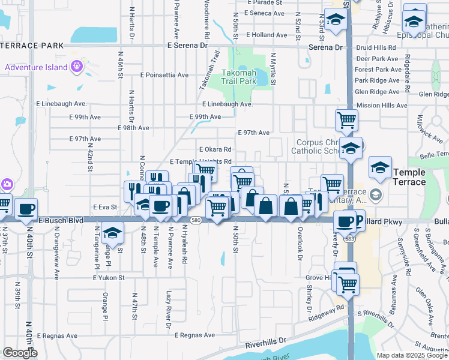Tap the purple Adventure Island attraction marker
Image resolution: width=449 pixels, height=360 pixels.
point(76,67)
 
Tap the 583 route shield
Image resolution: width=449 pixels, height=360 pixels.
point(349,239)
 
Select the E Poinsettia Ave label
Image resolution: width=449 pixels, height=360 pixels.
point(164,76)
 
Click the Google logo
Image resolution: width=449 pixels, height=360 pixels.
point(19,353)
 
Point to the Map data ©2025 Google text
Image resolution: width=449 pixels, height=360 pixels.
point(412,355)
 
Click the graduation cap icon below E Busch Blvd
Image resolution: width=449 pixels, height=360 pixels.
point(112,232)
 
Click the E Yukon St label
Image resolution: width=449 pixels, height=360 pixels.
point(109,278)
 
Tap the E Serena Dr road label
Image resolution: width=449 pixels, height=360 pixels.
point(183,46)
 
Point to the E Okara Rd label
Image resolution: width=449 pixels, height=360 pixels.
point(215,149)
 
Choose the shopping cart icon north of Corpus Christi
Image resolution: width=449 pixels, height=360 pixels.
point(346,121)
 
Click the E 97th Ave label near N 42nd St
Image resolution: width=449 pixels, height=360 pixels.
point(85,139)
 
